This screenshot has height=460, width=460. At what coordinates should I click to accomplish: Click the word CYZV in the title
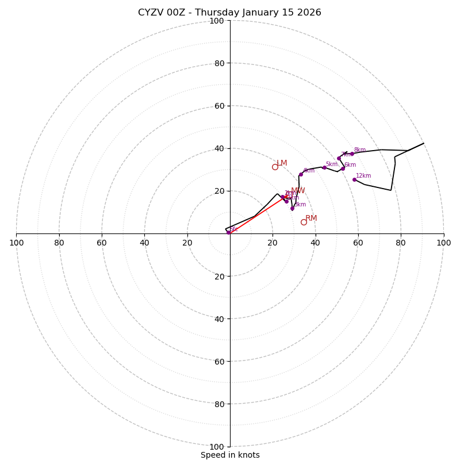[x=151, y=13]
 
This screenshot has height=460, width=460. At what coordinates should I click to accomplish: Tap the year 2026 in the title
[x=309, y=13]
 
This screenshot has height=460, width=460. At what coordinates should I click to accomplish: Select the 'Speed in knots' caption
[x=230, y=455]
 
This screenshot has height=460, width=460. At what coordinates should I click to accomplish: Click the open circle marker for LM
[x=275, y=167]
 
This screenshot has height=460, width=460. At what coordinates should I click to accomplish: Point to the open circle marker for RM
[x=304, y=222]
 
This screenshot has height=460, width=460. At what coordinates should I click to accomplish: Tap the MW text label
[x=298, y=191]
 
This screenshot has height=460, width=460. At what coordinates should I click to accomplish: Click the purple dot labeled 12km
[x=354, y=179]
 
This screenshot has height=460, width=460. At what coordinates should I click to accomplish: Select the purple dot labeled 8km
[x=352, y=154]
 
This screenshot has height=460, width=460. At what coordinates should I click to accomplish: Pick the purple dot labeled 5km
[x=324, y=167]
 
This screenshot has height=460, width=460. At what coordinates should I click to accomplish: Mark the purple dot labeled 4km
[x=301, y=174]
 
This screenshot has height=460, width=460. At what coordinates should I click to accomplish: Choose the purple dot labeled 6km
[x=343, y=168]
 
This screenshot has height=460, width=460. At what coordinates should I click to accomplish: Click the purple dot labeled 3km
[x=292, y=208]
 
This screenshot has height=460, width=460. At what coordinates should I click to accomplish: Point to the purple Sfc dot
[x=228, y=232]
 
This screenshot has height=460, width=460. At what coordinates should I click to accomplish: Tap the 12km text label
[x=363, y=176]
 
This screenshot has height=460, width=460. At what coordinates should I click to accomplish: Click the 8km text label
[x=359, y=150]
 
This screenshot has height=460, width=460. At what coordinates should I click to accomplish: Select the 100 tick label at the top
[x=217, y=21]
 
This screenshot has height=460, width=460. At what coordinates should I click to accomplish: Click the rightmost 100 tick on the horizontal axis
[x=444, y=243]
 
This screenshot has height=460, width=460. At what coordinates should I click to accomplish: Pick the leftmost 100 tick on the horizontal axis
[x=16, y=243]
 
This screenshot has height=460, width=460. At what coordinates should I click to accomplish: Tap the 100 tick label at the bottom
[x=217, y=447]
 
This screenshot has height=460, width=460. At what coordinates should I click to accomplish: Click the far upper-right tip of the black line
[x=424, y=143]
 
